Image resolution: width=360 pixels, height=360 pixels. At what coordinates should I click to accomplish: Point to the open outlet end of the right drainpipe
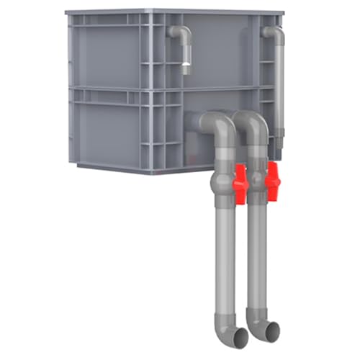[272, 333]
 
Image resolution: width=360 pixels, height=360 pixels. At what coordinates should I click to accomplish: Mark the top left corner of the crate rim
[67, 12]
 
